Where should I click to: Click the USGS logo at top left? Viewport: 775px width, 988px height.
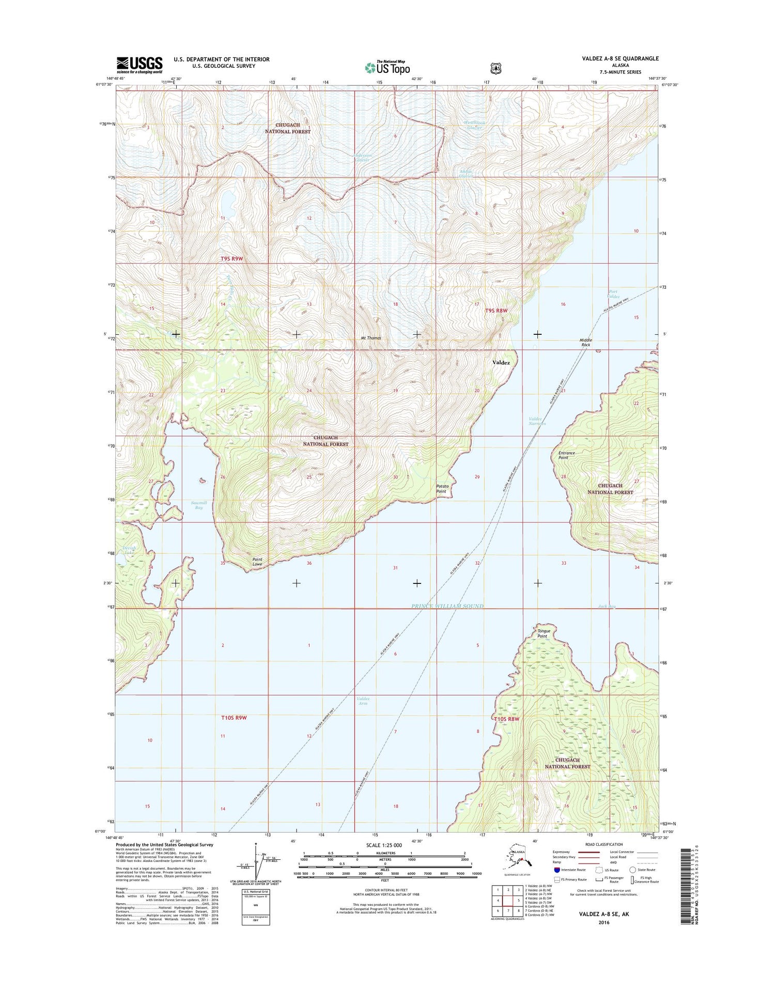[139, 65]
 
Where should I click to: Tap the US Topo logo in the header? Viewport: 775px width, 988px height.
[388, 67]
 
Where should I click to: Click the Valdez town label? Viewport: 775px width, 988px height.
[501, 363]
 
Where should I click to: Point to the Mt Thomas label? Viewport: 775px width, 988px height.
[370, 338]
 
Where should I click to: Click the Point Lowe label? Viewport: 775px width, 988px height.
[257, 562]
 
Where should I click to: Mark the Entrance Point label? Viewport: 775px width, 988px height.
[566, 455]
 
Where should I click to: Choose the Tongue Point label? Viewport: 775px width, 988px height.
[544, 634]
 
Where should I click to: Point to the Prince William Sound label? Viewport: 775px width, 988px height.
[447, 606]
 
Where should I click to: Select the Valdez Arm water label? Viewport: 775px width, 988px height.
[363, 701]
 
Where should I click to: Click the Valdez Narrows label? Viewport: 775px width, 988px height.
[537, 421]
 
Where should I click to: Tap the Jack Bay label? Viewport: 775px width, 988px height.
[607, 606]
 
